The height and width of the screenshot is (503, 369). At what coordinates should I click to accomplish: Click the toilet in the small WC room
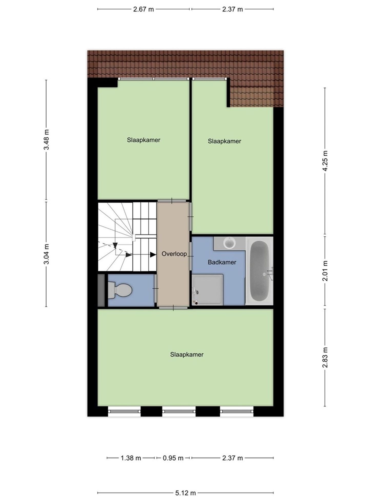[x=120, y=290]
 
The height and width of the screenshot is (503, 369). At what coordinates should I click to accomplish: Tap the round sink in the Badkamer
[x=229, y=243]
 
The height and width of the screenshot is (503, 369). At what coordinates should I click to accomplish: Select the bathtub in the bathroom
[x=259, y=271]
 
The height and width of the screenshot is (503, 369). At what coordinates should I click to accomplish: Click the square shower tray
[x=207, y=290]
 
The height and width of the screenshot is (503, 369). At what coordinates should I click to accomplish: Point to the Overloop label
[x=174, y=254]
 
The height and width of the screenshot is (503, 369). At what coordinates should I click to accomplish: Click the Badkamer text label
[x=222, y=262]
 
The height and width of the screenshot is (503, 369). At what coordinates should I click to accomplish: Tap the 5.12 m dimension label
[x=186, y=493]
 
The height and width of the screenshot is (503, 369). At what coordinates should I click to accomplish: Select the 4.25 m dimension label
[x=325, y=161]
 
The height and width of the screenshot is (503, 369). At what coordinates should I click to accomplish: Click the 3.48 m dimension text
[x=46, y=140]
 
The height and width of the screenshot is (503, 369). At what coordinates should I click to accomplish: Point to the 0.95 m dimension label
[x=173, y=458]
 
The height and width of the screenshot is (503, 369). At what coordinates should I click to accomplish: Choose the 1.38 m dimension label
[x=131, y=458]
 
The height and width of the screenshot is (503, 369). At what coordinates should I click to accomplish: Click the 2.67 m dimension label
[x=143, y=9]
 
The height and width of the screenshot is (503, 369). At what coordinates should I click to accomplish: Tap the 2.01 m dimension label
[x=325, y=271]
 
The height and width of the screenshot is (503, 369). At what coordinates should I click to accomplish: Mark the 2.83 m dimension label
[x=325, y=357]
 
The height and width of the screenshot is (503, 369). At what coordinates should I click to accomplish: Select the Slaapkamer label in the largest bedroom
[x=187, y=355]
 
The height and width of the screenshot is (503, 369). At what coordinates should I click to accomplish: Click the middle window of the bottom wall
[x=179, y=411]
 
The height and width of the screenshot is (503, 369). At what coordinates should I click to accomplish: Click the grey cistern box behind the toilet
[x=101, y=290]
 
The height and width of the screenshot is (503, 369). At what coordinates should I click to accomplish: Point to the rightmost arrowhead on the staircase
[x=153, y=255]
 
